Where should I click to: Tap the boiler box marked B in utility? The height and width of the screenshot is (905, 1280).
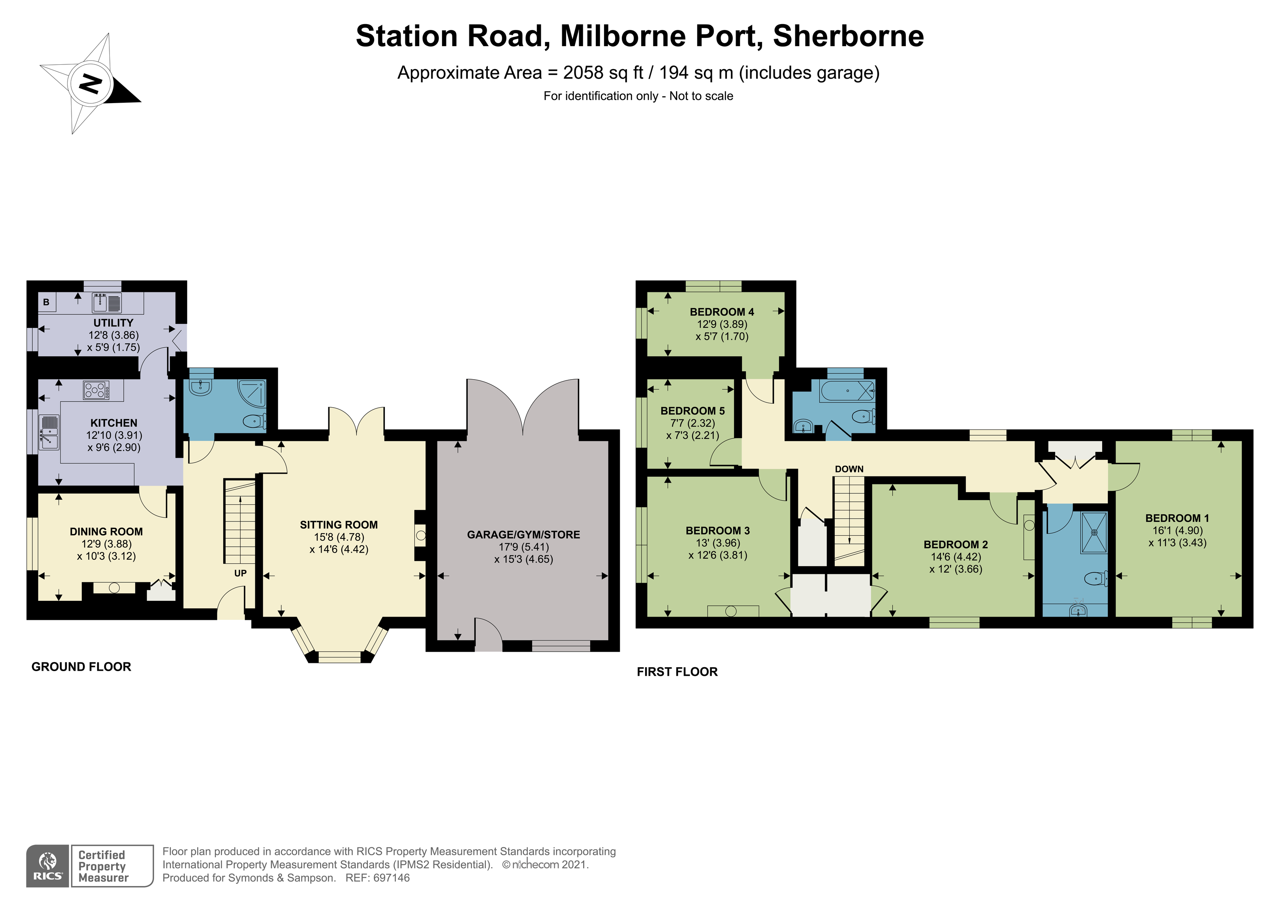click(x=46, y=302)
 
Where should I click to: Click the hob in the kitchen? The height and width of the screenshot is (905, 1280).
click(x=96, y=390)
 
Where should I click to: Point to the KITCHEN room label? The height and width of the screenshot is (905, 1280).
click(x=114, y=423)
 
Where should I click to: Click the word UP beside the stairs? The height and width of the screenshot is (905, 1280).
click(x=240, y=573)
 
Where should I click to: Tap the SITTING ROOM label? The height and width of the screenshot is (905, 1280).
click(x=339, y=525)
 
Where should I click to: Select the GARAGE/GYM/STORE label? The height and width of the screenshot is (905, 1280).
click(x=523, y=535)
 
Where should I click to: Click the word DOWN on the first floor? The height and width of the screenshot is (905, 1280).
click(x=849, y=469)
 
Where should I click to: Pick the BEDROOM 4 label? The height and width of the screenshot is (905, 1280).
click(x=721, y=312)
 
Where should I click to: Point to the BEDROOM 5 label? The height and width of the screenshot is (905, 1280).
click(x=693, y=411)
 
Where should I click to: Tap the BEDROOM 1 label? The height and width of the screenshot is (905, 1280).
click(x=1177, y=518)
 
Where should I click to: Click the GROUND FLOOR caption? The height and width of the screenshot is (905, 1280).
click(x=81, y=667)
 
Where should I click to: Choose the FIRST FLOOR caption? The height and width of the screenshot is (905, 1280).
click(x=678, y=672)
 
